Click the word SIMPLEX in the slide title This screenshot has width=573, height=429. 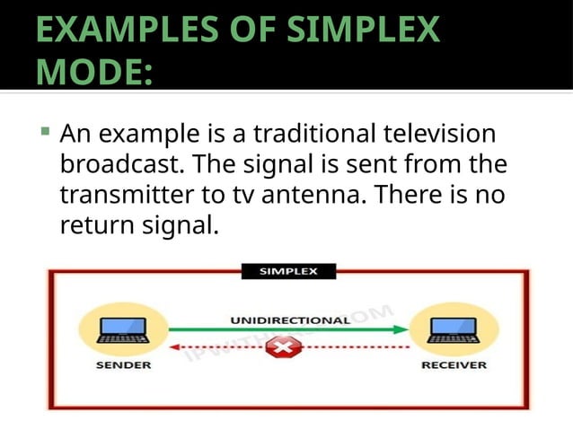pos(364,30)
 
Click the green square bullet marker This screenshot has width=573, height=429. pos(45,133)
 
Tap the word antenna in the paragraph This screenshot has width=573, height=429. pos(347,195)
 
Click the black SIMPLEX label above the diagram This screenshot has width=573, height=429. pos(287,271)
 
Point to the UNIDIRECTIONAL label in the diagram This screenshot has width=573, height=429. pos(290,320)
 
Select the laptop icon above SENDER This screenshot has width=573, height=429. pos(123,329)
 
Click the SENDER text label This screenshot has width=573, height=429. pos(123,365)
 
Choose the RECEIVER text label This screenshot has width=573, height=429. pos(454,365)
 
